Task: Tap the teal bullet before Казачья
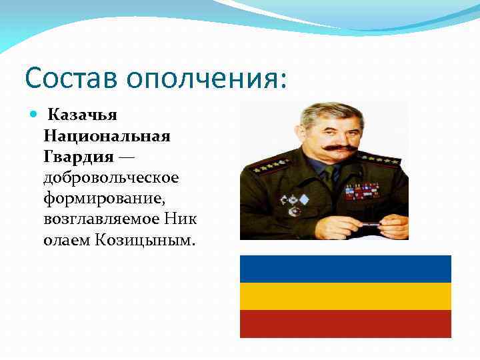click(35, 115)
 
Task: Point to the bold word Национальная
click(107, 136)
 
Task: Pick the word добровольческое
click(111, 177)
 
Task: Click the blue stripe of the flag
click(345, 269)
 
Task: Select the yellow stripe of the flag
click(345, 296)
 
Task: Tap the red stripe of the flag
click(345, 324)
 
